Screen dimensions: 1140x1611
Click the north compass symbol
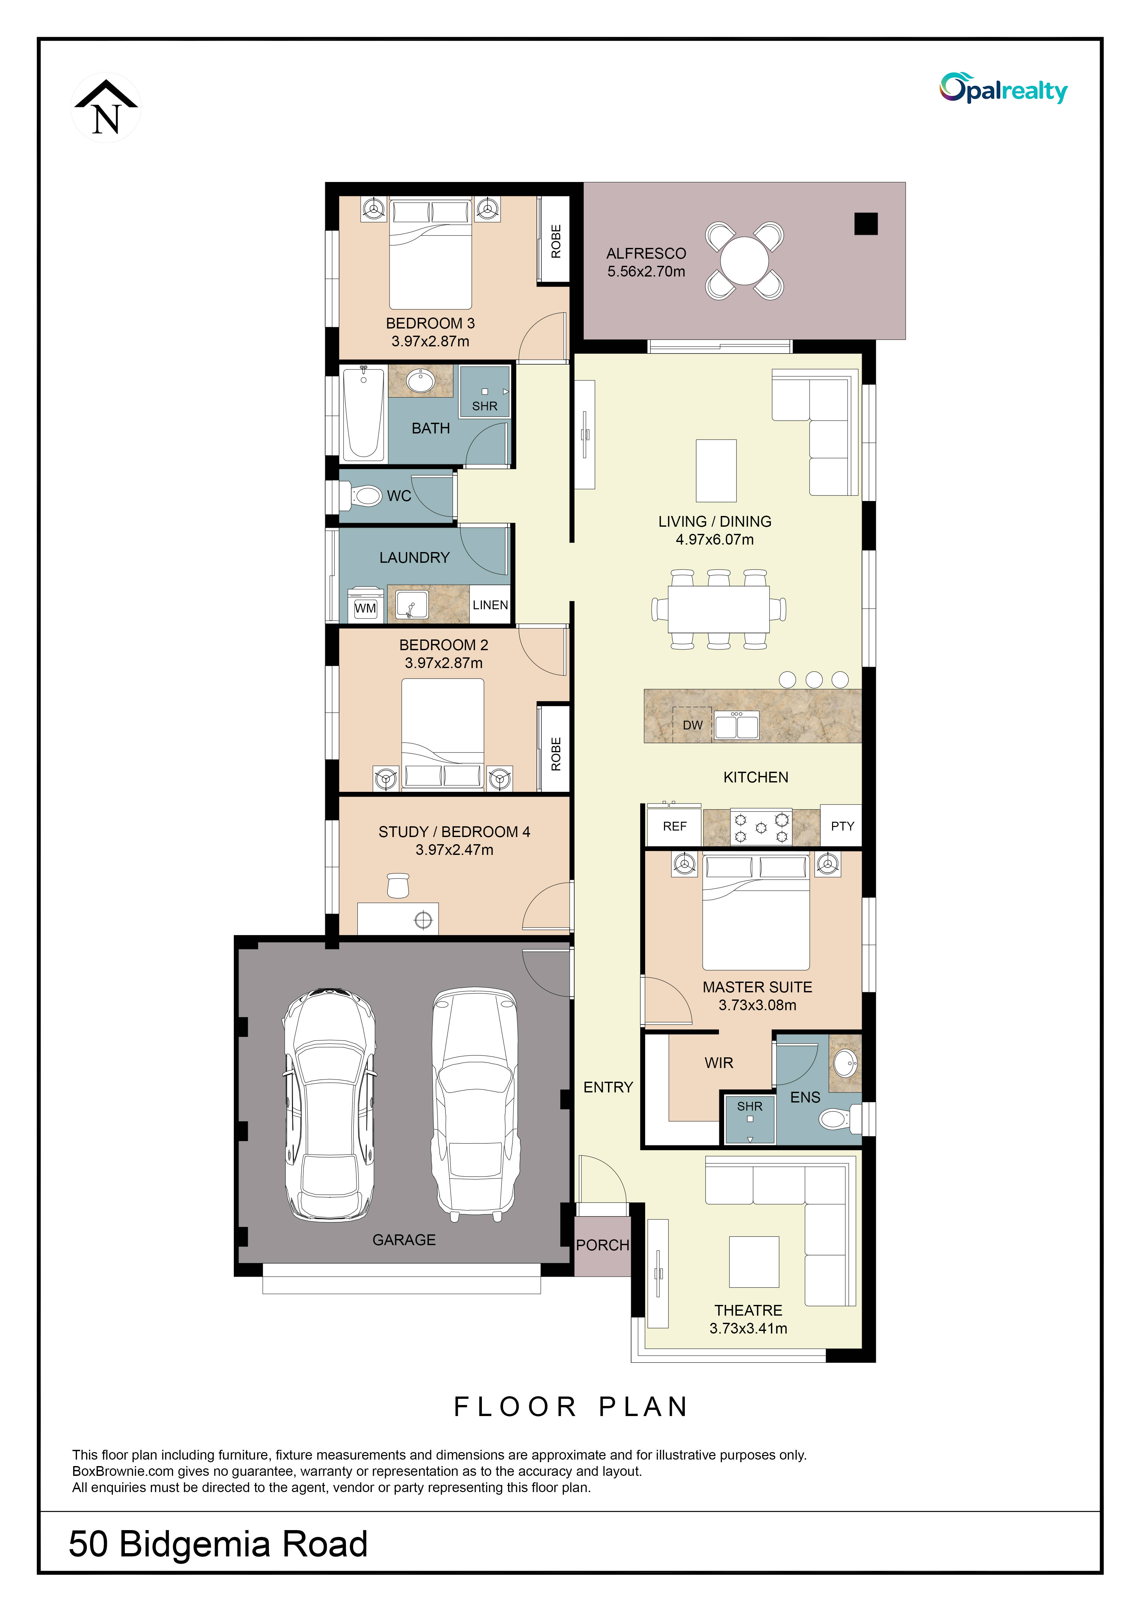[106, 107]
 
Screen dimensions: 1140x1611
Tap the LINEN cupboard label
[490, 605]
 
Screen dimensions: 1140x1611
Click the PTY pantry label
[842, 826]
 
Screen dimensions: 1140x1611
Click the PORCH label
[602, 1245]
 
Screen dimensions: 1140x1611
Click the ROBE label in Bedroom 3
[556, 241]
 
